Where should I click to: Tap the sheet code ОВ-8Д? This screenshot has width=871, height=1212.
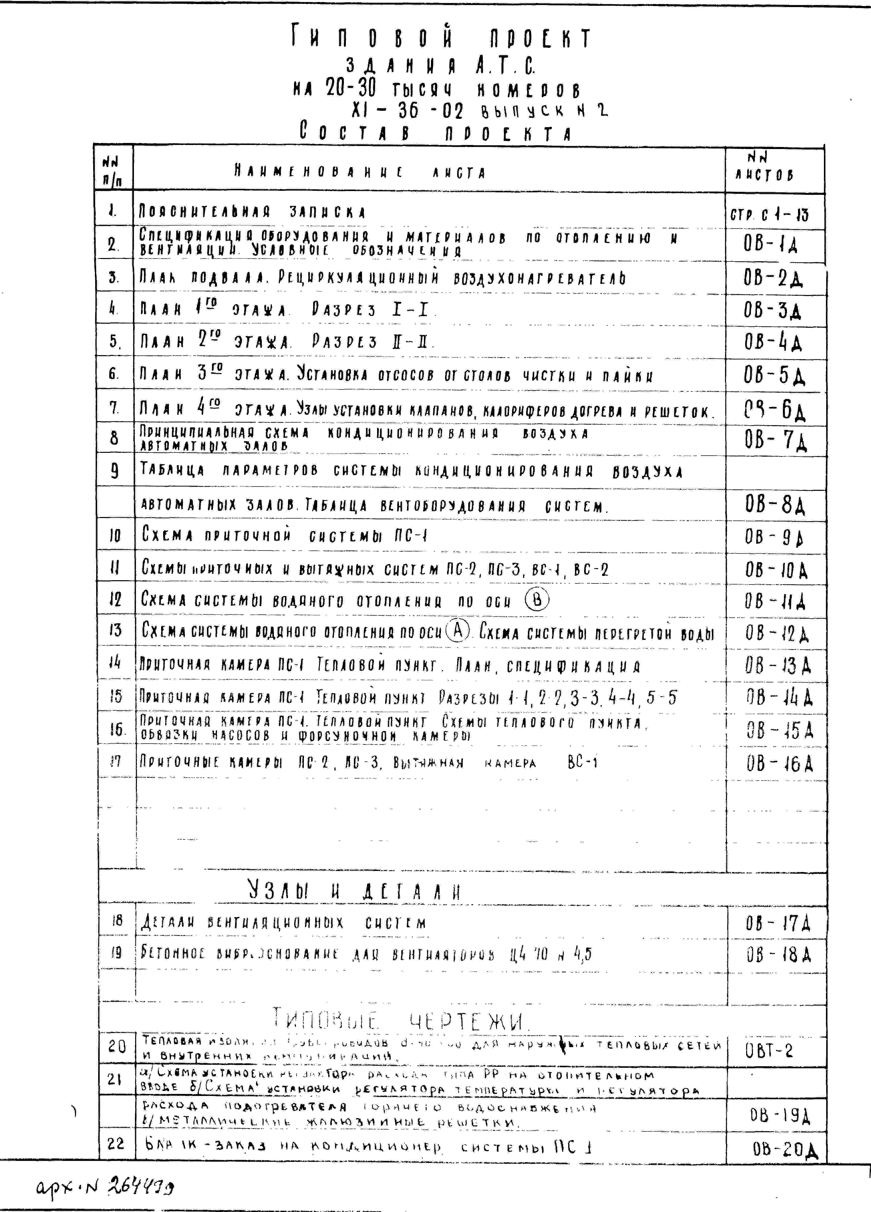point(775,504)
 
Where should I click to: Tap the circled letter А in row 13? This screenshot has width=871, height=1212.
point(457,631)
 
